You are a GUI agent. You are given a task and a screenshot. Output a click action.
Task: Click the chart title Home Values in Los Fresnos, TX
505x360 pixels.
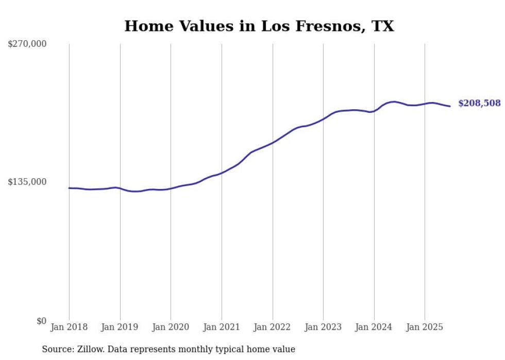click(259, 26)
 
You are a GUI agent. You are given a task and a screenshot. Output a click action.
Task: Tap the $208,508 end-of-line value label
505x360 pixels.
click(479, 104)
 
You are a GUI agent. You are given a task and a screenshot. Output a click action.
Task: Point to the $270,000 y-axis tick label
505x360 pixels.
click(27, 44)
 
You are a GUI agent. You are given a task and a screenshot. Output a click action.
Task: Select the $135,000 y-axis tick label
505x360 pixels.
click(27, 182)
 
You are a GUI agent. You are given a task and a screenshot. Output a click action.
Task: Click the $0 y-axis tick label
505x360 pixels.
click(41, 321)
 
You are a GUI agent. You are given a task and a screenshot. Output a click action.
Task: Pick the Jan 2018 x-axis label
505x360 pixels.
click(69, 327)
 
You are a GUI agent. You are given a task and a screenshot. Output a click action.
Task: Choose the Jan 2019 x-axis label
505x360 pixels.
click(120, 327)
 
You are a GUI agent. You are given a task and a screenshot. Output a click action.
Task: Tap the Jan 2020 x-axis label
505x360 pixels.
click(171, 327)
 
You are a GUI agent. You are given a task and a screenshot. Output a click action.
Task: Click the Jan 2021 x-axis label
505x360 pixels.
click(222, 327)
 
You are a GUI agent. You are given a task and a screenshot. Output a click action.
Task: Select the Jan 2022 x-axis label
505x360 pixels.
click(273, 327)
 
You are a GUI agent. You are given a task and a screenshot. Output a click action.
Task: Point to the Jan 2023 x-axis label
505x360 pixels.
click(323, 327)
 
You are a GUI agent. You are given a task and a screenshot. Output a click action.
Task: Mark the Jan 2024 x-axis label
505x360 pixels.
click(374, 327)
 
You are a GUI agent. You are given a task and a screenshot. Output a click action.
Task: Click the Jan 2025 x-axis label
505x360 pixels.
click(425, 327)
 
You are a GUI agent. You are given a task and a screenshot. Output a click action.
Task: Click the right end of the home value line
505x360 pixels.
click(450, 106)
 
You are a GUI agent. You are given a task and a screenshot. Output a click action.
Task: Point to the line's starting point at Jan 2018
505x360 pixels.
click(69, 188)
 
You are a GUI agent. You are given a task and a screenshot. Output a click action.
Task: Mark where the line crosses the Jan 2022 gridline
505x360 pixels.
click(273, 142)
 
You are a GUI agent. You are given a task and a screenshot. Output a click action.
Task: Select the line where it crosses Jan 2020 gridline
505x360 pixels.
click(171, 188)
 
